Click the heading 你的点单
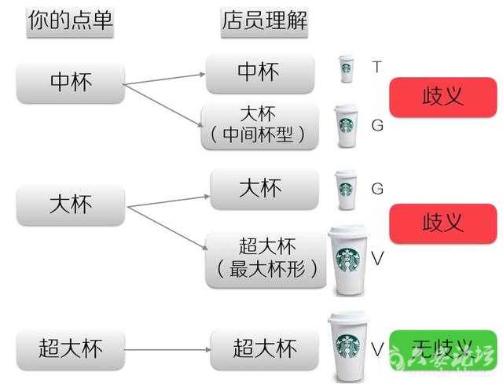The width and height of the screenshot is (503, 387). pyautogui.click(x=71, y=22)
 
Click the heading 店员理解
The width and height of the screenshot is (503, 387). pyautogui.click(x=263, y=22)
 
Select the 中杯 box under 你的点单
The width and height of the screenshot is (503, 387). pyautogui.click(x=71, y=83)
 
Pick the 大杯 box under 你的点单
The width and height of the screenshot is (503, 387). pyautogui.click(x=71, y=205)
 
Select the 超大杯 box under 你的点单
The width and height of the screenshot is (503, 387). pyautogui.click(x=71, y=347)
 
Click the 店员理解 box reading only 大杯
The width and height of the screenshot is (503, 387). pyautogui.click(x=264, y=189)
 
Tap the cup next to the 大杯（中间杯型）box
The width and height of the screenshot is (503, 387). pyautogui.click(x=347, y=126)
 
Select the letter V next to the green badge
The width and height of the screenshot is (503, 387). pyautogui.click(x=377, y=347)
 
